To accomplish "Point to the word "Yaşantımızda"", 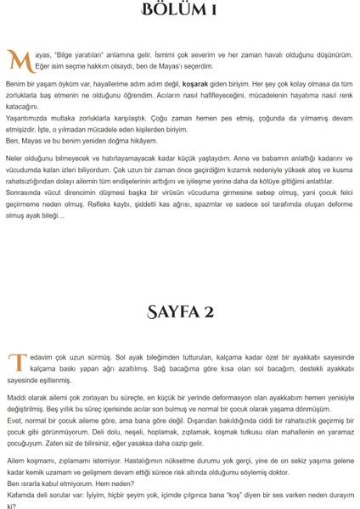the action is (x=27, y=118).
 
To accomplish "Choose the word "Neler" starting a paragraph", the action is (x=16, y=158).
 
